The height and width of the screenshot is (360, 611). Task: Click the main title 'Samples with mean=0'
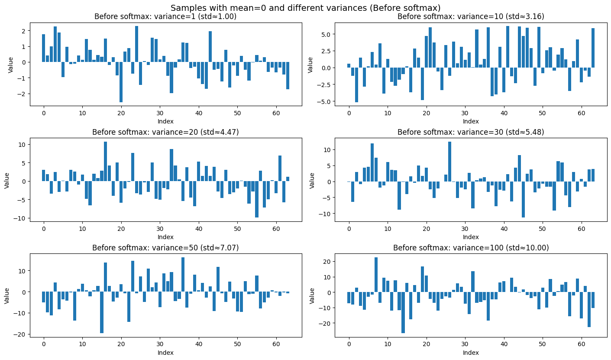click(305, 8)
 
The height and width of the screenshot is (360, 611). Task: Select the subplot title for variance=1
click(166, 17)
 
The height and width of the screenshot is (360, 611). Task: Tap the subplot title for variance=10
click(471, 17)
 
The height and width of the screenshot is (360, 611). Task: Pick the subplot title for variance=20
click(166, 132)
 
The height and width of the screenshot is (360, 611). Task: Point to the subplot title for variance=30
click(471, 132)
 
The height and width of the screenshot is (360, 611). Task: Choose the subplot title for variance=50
click(166, 248)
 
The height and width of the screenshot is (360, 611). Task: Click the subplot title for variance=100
click(471, 248)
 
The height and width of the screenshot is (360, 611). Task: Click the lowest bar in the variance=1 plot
click(121, 82)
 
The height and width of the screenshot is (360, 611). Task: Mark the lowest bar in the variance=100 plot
click(403, 312)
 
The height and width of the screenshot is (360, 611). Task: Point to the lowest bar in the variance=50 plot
click(102, 312)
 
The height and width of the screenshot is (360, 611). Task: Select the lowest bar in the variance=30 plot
click(523, 199)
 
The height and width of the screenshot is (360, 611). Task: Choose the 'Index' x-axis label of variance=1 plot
click(166, 121)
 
